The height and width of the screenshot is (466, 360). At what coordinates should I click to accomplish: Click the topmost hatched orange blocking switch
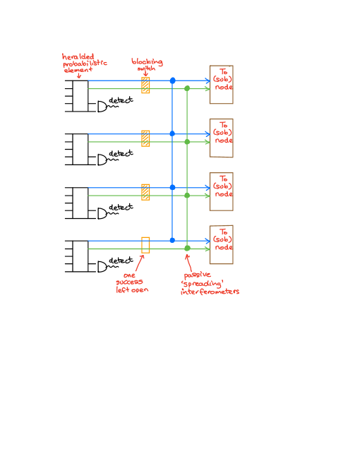point(145,85)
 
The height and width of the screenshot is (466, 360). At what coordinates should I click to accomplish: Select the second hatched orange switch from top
point(145,138)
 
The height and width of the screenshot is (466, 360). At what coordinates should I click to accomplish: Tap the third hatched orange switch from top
point(145,192)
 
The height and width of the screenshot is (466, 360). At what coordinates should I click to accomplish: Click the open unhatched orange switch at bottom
point(145,245)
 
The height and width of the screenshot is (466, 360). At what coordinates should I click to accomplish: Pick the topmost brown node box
point(222,85)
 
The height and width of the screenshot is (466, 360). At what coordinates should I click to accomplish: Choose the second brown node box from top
point(222,138)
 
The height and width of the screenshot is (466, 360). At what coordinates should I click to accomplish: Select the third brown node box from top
point(222,191)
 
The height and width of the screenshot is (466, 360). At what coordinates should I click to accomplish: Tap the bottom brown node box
point(222,244)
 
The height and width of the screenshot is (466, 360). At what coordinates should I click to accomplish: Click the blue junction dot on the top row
point(172,80)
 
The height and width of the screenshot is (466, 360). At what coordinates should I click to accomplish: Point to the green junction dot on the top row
point(187,88)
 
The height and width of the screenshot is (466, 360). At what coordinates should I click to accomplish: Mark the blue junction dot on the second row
point(172,133)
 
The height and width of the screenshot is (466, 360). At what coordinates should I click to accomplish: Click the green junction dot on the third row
point(187,196)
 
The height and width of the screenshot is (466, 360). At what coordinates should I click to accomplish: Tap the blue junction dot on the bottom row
point(172,240)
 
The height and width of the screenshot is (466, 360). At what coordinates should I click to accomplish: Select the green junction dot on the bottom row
point(187,248)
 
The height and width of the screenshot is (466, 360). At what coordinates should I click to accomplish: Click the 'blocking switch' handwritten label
point(147,64)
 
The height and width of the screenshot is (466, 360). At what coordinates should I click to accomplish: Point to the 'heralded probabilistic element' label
point(84,63)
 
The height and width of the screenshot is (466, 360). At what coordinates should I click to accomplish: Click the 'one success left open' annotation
point(132,282)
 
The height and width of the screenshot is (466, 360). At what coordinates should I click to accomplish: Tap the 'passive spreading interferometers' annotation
point(210,283)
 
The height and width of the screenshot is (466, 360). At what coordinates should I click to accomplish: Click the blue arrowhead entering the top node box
point(207,80)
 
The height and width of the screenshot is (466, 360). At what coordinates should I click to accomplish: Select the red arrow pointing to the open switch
point(140,262)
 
